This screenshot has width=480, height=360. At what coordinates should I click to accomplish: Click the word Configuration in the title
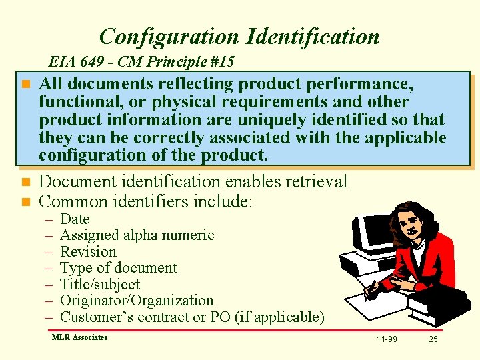168,36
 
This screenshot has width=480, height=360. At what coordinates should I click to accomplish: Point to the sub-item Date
75,219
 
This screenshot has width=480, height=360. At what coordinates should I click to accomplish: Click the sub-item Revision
88,252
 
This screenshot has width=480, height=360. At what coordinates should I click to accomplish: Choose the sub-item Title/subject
100,285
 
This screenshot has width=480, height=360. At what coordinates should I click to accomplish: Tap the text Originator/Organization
137,301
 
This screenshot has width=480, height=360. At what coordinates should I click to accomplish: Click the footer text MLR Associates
79,337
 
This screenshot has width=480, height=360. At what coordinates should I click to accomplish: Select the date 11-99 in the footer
387,339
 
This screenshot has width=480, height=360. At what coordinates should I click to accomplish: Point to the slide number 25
433,339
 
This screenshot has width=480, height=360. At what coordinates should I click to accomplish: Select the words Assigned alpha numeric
137,235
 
